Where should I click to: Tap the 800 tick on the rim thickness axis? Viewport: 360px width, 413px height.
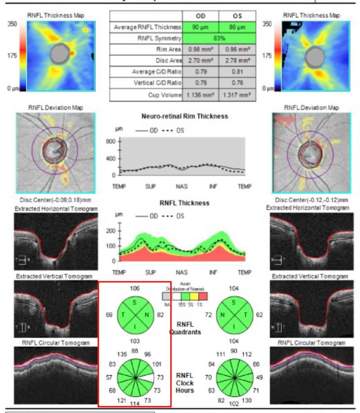[110, 141]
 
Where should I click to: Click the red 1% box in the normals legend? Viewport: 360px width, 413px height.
[203, 296]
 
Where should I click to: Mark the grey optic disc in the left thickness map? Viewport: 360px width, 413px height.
[60, 54]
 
